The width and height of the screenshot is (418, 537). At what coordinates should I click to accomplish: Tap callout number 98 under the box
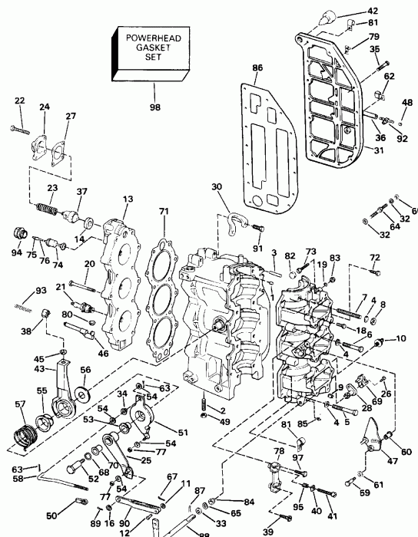click(155, 107)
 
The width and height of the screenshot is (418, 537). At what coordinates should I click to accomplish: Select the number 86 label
click(257, 68)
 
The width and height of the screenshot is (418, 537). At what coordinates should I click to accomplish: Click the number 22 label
click(19, 100)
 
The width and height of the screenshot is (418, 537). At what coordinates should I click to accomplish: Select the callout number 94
click(16, 251)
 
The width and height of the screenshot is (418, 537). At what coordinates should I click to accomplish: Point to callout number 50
click(51, 515)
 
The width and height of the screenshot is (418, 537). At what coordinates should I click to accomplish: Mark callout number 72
click(374, 257)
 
